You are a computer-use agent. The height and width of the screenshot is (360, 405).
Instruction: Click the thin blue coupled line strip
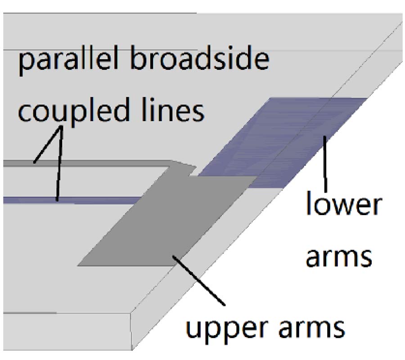72,200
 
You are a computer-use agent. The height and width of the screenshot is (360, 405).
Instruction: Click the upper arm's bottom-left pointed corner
79,265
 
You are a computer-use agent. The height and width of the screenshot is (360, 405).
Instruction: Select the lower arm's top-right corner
365,99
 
